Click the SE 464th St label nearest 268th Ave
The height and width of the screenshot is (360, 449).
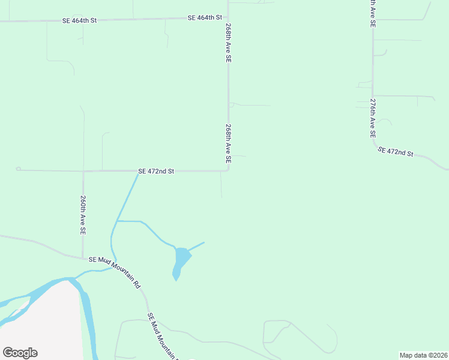click(205, 18)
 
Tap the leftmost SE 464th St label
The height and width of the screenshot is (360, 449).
click(79, 20)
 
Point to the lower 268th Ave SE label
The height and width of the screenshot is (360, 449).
click(228, 144)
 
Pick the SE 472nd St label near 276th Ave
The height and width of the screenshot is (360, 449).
click(396, 151)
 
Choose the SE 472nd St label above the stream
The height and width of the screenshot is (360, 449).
click(156, 171)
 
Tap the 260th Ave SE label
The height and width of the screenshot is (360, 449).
click(83, 214)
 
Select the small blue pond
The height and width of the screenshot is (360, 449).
click(180, 261)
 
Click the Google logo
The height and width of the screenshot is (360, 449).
click(20, 353)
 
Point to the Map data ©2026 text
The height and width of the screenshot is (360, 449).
click(423, 355)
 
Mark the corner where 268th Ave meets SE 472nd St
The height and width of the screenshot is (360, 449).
click(228, 170)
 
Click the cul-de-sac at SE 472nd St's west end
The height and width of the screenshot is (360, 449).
click(18, 169)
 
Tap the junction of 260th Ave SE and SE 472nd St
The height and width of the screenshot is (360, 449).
click(83, 171)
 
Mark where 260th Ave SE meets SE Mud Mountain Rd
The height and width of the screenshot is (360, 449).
click(83, 259)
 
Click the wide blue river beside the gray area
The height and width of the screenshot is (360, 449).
click(88, 318)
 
